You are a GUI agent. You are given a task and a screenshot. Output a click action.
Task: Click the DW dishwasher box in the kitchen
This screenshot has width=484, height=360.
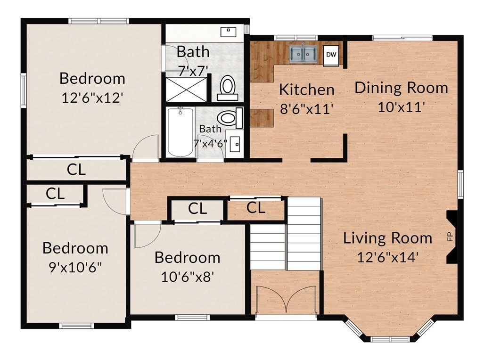tap(331, 56)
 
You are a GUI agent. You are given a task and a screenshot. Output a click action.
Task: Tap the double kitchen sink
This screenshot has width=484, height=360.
tap(303, 54)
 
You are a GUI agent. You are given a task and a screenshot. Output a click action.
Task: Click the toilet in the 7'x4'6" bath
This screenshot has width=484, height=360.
tap(230, 118)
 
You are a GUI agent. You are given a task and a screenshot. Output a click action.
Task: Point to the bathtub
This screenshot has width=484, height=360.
tap(180, 132)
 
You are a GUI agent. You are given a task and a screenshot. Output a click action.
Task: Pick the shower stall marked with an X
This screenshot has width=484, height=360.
tap(187, 90)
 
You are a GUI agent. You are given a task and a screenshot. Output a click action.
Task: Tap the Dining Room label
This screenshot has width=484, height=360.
tap(401, 88)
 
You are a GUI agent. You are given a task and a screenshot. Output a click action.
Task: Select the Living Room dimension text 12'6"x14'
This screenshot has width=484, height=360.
tap(388, 257)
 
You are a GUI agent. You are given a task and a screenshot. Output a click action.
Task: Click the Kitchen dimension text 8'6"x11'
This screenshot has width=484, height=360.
tap(306, 109)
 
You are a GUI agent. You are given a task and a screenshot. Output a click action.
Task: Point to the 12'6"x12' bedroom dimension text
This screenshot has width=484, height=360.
tap(92, 98)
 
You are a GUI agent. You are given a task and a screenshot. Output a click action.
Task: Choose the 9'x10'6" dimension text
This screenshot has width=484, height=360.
tap(75, 267)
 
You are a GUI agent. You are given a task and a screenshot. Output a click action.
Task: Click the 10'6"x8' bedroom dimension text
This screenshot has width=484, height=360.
tap(188, 277)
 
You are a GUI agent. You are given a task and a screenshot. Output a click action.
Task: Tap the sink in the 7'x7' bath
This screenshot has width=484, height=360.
tap(229, 32)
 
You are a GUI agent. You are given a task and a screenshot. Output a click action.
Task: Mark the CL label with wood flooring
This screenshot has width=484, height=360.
tap(256, 208)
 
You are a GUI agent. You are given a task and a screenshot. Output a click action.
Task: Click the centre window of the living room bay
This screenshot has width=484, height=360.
tap(391, 339)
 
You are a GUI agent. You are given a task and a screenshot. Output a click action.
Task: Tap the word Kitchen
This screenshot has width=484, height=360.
tap(307, 90)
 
